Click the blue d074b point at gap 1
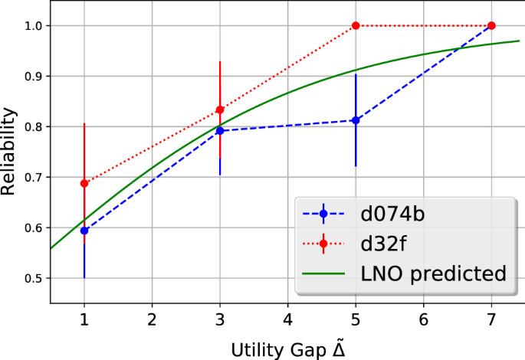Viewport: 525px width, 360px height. coord(84,231)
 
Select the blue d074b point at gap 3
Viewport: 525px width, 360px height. coord(220,131)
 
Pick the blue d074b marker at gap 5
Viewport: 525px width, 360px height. coord(356,120)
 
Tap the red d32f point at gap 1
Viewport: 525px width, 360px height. coord(84,183)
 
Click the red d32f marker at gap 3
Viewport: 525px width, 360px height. coord(220,110)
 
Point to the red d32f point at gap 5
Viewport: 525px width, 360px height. coord(356,25)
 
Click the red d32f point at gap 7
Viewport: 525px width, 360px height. coord(491,25)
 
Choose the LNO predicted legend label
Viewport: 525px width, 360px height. coord(433,273)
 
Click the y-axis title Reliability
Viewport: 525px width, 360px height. coord(10,152)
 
